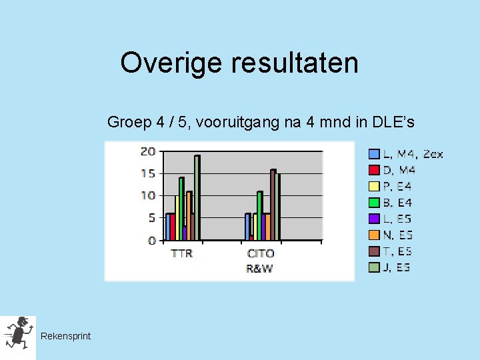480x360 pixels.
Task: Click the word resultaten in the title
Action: pos(295,63)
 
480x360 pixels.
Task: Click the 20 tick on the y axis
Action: pos(147,151)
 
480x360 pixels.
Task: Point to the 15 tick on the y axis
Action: pos(147,173)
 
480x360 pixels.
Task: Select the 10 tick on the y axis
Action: pos(147,195)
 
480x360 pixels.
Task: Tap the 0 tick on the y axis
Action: pos(151,240)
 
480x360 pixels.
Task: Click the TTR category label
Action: pos(181,253)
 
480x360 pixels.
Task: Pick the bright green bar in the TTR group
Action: pos(181,208)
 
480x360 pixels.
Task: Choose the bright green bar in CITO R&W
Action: pos(260,215)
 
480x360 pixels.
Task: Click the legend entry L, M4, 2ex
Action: pos(406,155)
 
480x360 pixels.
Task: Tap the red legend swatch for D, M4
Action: pos(375,171)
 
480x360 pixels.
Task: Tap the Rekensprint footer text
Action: pos(65,336)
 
